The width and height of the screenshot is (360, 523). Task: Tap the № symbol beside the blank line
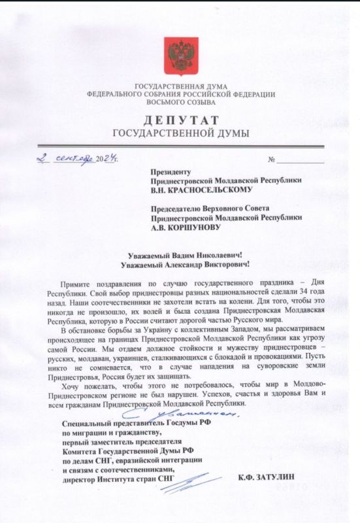[x=272, y=160]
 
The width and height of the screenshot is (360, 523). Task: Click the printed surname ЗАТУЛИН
[x=282, y=479]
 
